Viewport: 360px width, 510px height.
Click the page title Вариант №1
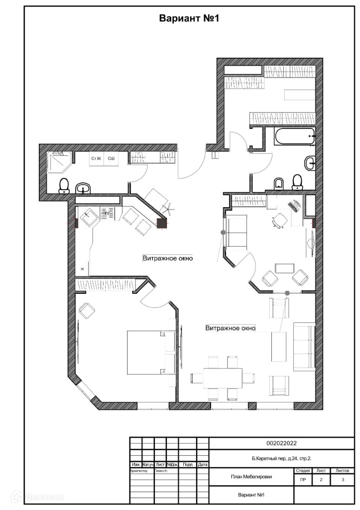tap(189, 19)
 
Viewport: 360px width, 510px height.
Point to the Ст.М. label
tap(96, 158)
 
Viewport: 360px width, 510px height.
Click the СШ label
tap(111, 158)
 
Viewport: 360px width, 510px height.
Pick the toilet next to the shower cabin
tap(64, 186)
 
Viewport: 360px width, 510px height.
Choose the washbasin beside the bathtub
tap(311, 162)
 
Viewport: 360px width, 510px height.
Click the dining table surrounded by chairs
tap(223, 378)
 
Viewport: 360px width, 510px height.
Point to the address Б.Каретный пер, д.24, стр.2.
tap(282, 457)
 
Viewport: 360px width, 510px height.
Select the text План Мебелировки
tap(251, 477)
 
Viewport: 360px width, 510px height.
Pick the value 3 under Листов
tap(343, 480)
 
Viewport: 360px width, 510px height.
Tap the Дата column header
tap(203, 465)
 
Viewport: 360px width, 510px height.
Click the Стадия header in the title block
tap(303, 470)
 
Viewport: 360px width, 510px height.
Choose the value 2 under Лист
tap(321, 480)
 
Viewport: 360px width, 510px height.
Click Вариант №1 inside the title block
tap(250, 495)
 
